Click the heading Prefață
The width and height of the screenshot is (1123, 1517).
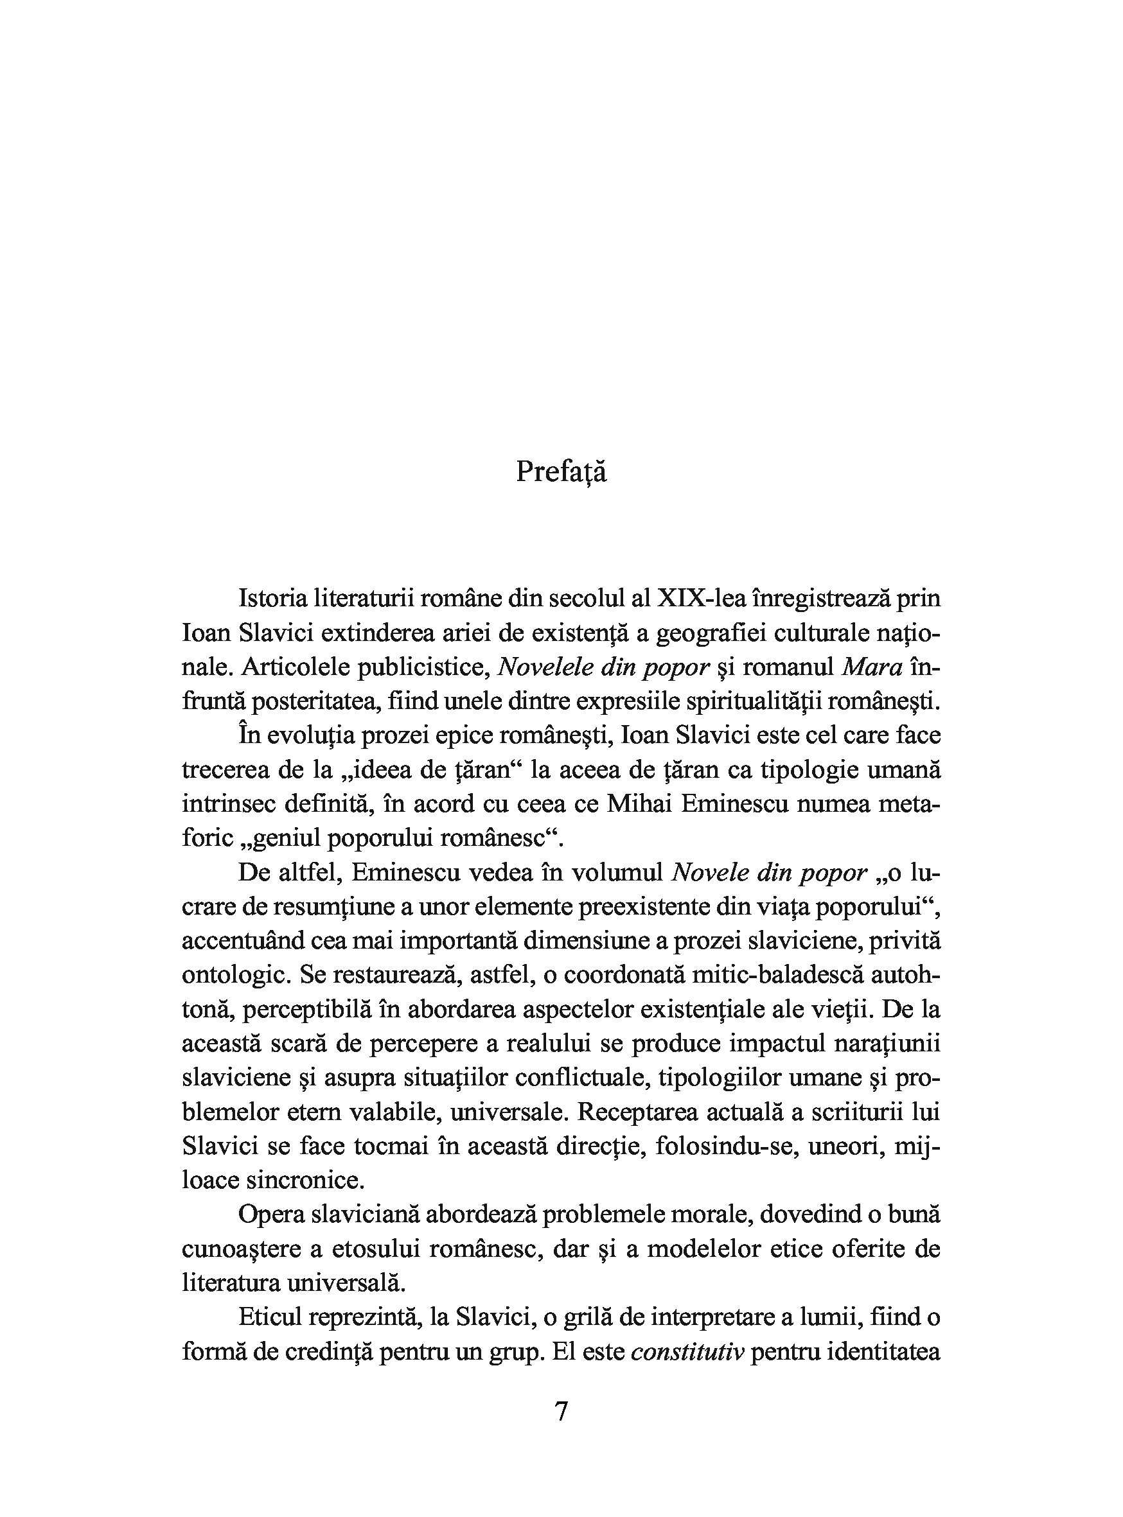click(561, 471)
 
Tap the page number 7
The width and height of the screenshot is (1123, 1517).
click(561, 1412)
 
